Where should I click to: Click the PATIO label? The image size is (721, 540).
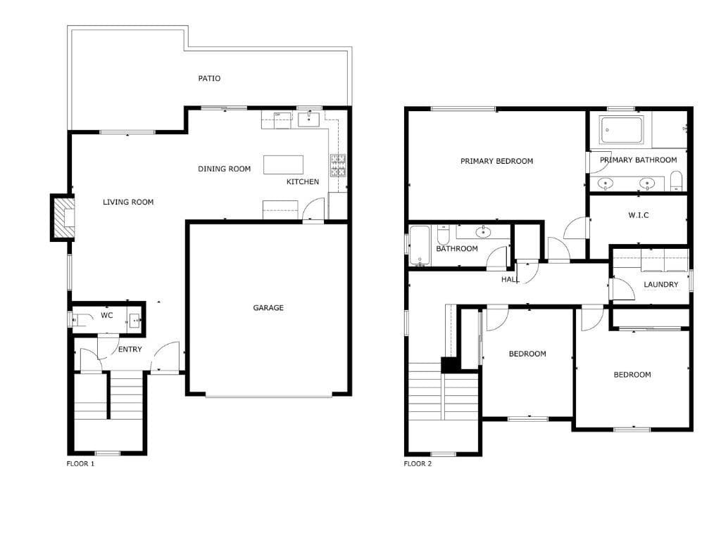[209, 78]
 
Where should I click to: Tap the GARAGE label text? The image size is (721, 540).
[268, 307]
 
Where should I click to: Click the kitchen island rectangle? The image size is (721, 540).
[284, 165]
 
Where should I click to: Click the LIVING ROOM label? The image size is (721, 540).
[128, 202]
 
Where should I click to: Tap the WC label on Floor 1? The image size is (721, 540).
[106, 315]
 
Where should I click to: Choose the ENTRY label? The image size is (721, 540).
[130, 349]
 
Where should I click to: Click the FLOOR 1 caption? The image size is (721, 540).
[80, 464]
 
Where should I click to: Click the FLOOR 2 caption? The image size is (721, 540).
[418, 464]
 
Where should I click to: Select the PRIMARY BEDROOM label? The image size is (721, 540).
[496, 161]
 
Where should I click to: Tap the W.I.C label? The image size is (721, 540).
[638, 215]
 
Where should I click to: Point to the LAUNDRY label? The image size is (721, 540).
[660, 285]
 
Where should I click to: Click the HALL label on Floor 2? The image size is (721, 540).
[510, 279]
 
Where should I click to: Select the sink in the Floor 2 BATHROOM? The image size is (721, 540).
[484, 231]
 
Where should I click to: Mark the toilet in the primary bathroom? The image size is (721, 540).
[675, 181]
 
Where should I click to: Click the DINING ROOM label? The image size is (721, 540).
[224, 169]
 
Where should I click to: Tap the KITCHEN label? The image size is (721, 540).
[302, 181]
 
